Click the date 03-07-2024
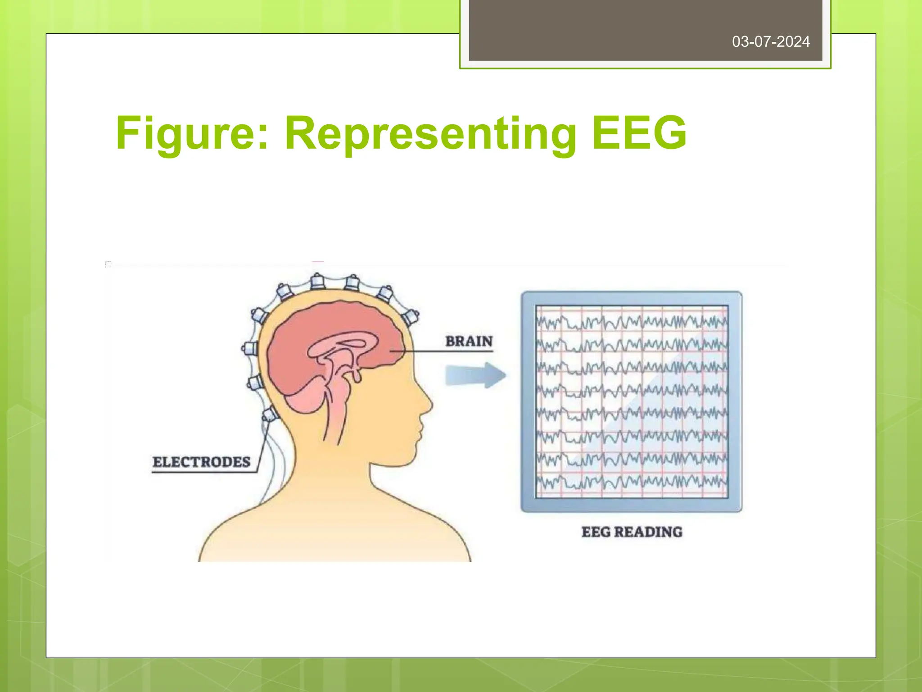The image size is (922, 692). (771, 42)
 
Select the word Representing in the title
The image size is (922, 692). (430, 134)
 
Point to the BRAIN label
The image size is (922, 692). (469, 341)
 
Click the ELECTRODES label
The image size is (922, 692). (201, 462)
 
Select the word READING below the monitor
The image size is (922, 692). (648, 532)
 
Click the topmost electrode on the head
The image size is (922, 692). (318, 282)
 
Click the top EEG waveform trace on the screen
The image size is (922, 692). (632, 322)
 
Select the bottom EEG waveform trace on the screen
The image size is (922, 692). (632, 483)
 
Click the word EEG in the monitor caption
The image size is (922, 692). (596, 532)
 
